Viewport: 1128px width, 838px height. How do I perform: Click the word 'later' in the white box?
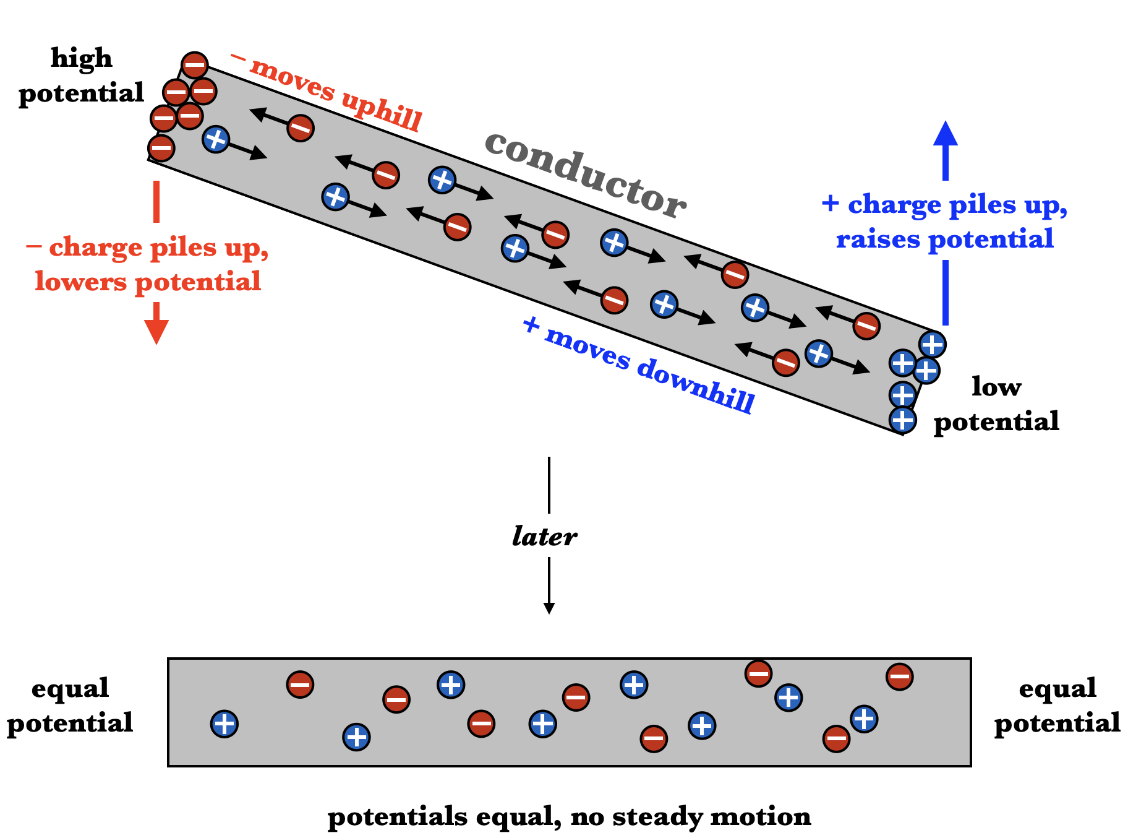coord(544,536)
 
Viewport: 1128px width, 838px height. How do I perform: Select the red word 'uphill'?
coord(382,110)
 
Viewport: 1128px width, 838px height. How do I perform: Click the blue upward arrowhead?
coord(945,134)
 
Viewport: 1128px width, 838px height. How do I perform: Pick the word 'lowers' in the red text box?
coord(80,282)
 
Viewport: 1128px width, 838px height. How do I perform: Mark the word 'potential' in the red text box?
coord(198,282)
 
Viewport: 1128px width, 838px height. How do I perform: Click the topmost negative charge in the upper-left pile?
coord(194,65)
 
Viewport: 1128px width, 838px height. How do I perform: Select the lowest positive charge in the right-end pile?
coord(902,420)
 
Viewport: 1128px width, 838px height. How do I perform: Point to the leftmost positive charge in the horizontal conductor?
coord(224,724)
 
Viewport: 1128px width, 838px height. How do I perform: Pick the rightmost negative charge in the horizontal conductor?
coord(899,676)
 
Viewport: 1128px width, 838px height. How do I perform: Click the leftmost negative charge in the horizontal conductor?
coord(300,685)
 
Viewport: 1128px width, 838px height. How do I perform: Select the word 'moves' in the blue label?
coord(587,347)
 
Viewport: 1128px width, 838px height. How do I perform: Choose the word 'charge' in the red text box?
coord(96,248)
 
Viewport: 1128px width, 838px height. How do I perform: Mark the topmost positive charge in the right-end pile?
coord(932,344)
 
